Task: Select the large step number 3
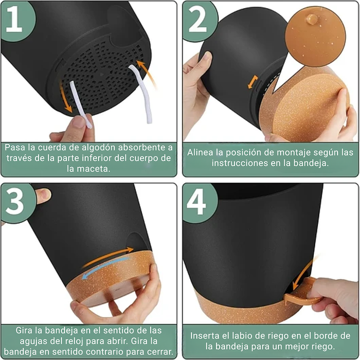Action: point(14,202)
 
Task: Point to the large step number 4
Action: point(196,202)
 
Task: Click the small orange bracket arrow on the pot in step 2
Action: point(253,82)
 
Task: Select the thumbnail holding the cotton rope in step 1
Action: point(78,121)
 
